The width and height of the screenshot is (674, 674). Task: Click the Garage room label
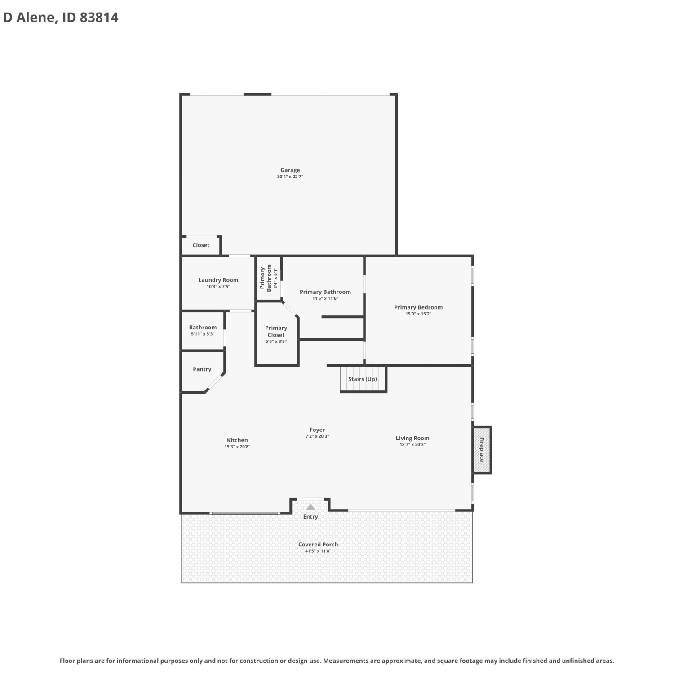[290, 170]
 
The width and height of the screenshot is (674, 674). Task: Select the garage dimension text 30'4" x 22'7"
[290, 177]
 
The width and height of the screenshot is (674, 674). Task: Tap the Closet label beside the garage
[201, 245]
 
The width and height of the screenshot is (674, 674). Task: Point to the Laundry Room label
[218, 280]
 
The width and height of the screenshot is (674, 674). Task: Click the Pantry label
[202, 369]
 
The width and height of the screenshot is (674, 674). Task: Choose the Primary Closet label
[276, 332]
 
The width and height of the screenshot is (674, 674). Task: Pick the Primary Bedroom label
[418, 307]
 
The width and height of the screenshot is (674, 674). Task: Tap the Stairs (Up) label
[363, 379]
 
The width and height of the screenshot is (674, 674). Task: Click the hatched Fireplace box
[482, 450]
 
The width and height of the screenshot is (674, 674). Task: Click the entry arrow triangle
[310, 507]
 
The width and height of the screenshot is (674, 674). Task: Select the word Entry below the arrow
[310, 517]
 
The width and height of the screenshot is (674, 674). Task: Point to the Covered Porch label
[318, 545]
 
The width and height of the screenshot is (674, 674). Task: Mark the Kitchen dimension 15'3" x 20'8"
[237, 447]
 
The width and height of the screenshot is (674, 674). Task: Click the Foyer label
[317, 430]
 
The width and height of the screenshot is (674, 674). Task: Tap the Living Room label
[412, 438]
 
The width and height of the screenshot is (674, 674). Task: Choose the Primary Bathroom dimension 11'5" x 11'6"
[325, 298]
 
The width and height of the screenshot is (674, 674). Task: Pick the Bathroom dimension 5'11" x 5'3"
[203, 334]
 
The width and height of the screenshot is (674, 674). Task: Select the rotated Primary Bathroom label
[266, 279]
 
